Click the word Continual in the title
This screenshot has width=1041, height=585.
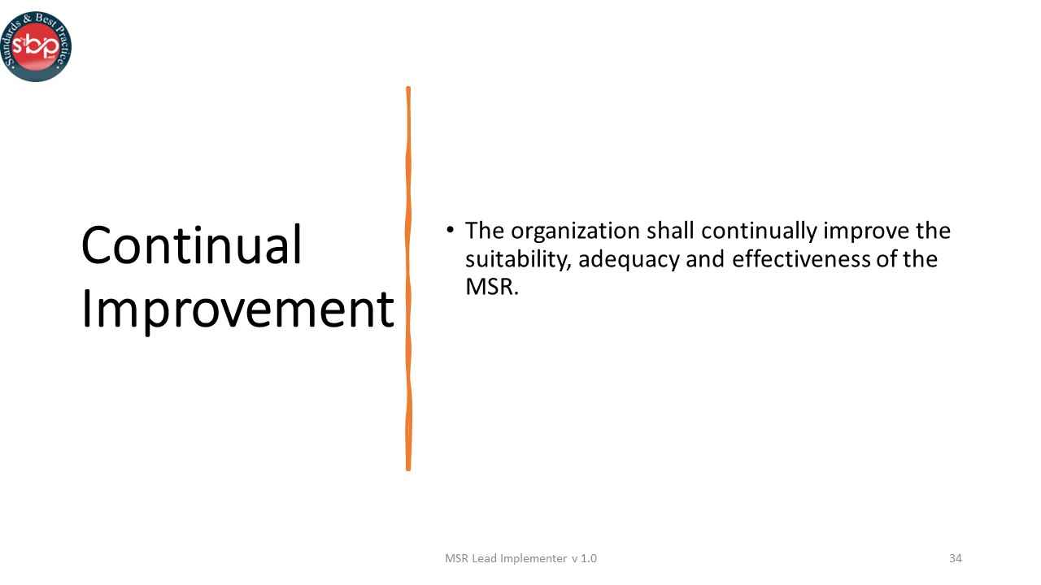(x=191, y=245)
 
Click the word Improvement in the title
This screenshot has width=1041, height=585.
(x=237, y=310)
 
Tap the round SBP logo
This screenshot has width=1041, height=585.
(x=37, y=46)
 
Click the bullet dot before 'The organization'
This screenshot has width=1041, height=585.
(x=450, y=229)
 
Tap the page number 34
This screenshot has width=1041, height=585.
(x=955, y=558)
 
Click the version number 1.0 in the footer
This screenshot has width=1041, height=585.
(x=588, y=558)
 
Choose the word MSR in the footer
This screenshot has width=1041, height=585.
(x=456, y=558)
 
